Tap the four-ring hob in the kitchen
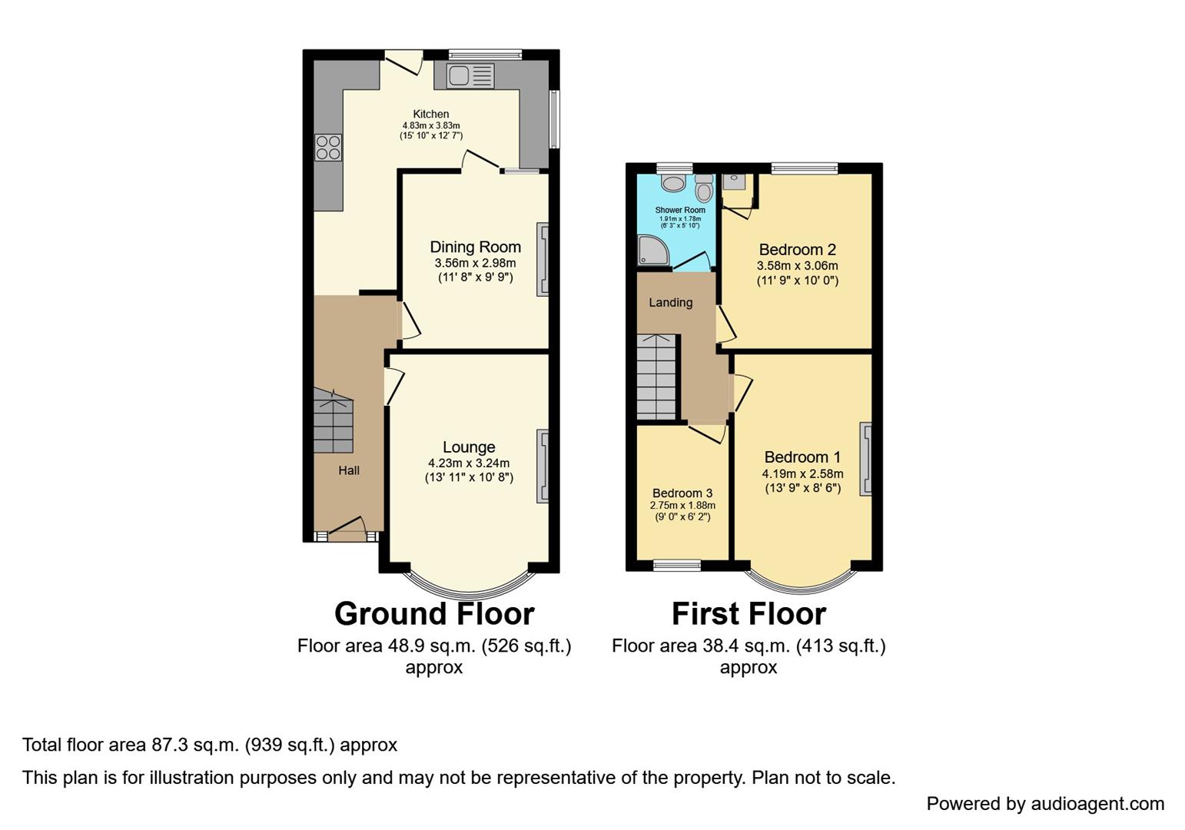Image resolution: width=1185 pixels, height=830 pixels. click(328, 147)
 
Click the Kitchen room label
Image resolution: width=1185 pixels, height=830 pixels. click(430, 114)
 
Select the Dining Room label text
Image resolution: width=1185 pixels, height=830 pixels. click(475, 247)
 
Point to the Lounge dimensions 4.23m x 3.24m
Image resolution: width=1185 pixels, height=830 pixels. click(469, 463)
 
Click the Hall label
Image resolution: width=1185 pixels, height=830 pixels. click(349, 470)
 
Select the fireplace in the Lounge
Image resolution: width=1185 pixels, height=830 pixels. click(543, 466)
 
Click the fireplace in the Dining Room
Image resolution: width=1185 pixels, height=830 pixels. click(543, 259)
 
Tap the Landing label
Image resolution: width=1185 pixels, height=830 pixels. click(670, 302)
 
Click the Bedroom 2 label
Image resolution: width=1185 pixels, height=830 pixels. click(797, 250)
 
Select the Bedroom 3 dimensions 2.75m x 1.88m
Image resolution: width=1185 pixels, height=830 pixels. click(682, 506)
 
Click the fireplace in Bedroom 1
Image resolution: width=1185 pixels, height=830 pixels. click(865, 458)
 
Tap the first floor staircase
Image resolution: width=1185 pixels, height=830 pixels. click(656, 377)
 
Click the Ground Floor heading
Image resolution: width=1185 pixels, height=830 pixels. click(434, 614)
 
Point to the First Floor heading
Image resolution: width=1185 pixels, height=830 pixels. click(749, 614)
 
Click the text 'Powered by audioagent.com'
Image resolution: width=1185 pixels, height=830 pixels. click(1045, 804)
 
